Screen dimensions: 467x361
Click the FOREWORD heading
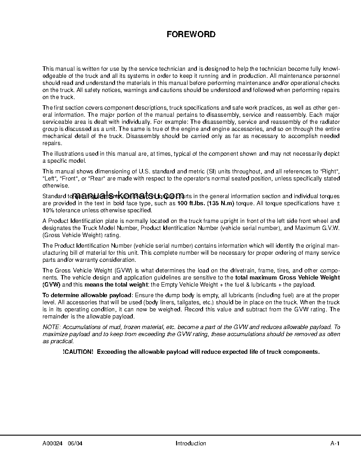[x=191, y=34]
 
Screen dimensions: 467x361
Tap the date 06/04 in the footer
[x=75, y=444]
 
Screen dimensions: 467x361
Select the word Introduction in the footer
[x=191, y=444]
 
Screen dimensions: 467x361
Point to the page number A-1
[x=334, y=444]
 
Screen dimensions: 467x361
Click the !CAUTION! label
[x=78, y=352]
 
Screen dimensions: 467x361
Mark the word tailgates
[x=163, y=302]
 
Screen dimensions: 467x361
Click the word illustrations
[x=67, y=154]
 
